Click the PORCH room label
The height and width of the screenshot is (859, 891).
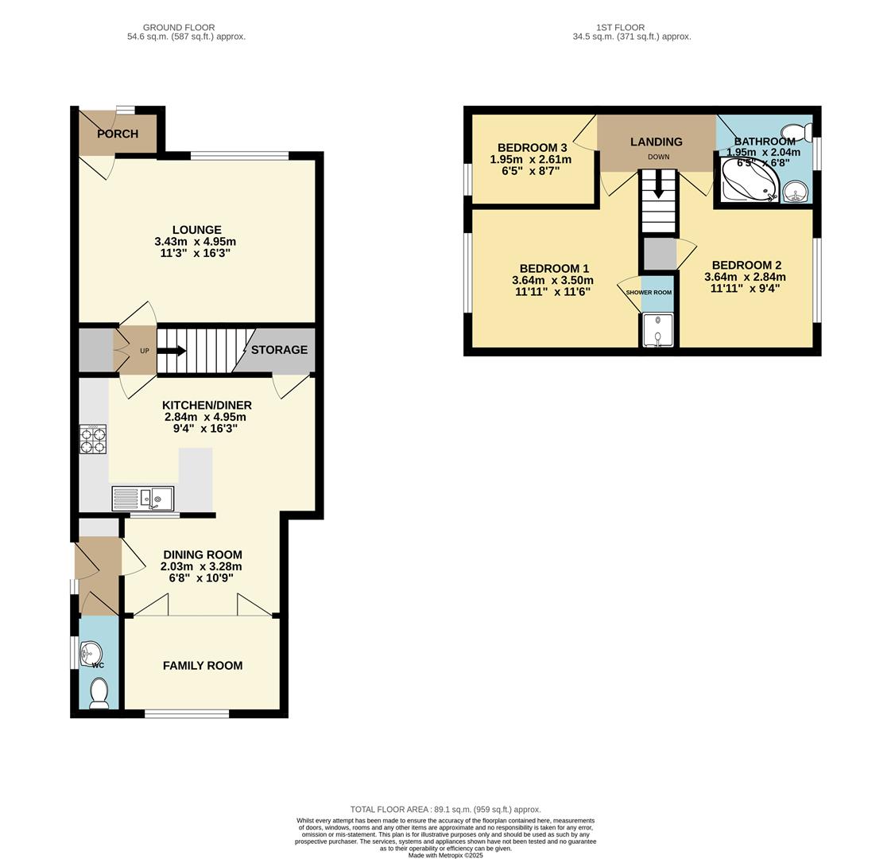point(118,134)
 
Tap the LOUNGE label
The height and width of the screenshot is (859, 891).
point(196,230)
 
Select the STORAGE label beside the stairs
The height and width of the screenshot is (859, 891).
point(279,350)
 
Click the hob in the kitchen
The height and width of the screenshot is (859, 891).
point(92,440)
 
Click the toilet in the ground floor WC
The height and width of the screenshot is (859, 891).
point(99,692)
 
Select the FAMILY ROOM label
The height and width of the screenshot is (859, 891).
point(203,666)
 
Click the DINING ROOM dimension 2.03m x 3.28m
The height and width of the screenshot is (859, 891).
point(201,566)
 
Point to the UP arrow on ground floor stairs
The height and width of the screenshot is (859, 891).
point(171,351)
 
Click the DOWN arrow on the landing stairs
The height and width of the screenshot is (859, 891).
point(658,188)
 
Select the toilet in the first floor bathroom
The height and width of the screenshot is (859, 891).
point(794,132)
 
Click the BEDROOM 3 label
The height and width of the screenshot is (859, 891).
point(532,148)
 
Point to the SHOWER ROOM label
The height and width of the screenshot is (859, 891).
point(649,293)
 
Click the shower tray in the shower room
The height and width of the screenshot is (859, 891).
point(657,331)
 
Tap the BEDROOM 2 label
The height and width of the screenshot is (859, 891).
point(746,266)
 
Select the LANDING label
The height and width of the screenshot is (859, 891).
point(657,142)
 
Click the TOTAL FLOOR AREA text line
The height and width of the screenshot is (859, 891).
point(445,810)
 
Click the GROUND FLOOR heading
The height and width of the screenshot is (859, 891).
point(179,28)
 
